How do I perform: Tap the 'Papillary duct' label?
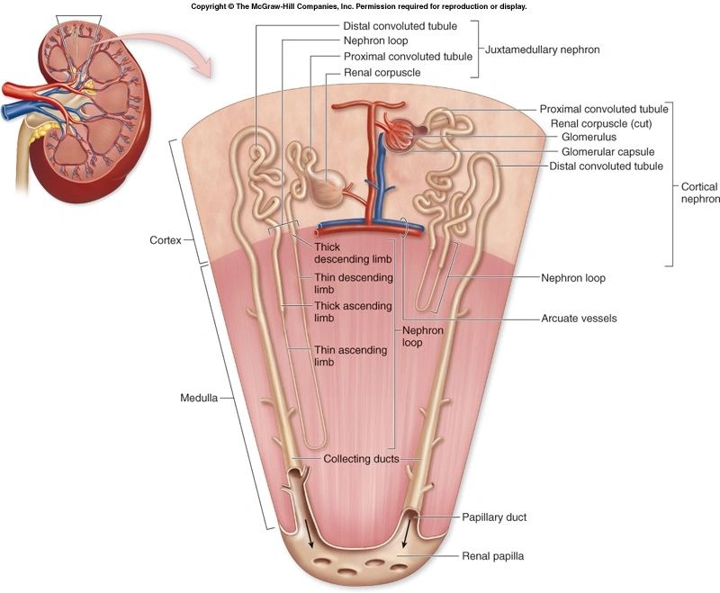click(494, 517)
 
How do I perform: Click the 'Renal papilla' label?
click(492, 556)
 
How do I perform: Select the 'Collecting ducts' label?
click(360, 459)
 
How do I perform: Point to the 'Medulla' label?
click(198, 397)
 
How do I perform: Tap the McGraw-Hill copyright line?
click(359, 6)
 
